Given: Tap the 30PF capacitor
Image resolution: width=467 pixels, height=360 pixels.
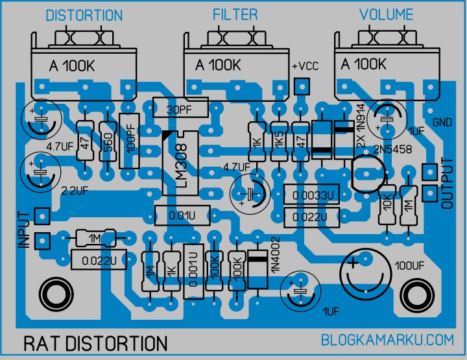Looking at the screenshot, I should [180, 108].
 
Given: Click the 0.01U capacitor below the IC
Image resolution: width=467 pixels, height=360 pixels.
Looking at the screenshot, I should [182, 214].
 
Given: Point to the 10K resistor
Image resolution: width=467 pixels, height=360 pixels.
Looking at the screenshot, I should [388, 204].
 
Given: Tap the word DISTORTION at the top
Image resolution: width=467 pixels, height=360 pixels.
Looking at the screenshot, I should [84, 15].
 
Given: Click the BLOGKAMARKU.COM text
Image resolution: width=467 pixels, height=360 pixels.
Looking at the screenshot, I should [386, 339].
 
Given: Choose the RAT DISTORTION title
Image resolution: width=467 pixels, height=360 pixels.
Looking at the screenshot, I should [95, 342].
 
